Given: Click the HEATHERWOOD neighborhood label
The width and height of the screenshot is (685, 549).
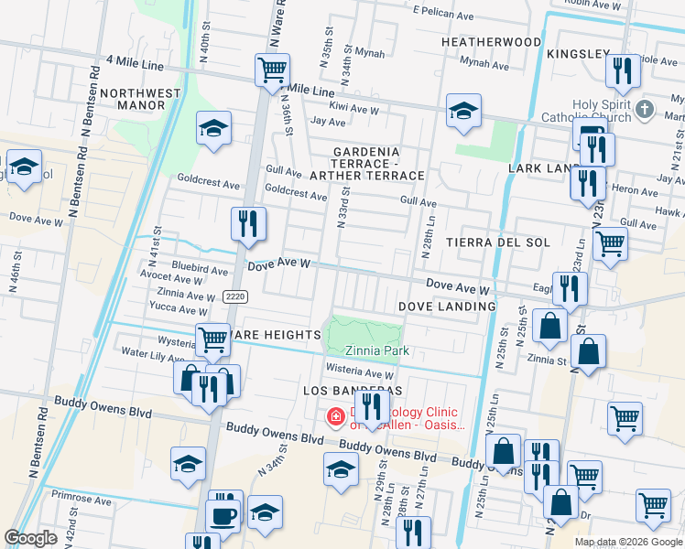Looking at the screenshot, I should coord(491,42).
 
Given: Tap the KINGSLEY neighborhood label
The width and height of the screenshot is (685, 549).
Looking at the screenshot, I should coord(577,54).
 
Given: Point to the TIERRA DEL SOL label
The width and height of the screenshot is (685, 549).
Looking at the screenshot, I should coord(497,242).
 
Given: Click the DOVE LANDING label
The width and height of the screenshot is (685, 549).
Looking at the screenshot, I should coord(447,306).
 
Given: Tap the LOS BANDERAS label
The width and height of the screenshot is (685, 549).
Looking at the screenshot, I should coord(341,391).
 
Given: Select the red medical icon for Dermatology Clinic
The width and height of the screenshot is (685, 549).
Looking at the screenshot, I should coord(335,418).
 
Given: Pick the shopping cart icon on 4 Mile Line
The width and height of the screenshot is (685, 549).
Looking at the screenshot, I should coord(272,70).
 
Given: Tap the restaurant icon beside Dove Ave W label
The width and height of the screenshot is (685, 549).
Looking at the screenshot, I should coord(247,223).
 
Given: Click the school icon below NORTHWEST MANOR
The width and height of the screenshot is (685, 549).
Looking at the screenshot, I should coord(213,128).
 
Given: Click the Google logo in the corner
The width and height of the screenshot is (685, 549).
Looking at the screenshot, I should coord(30,538).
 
